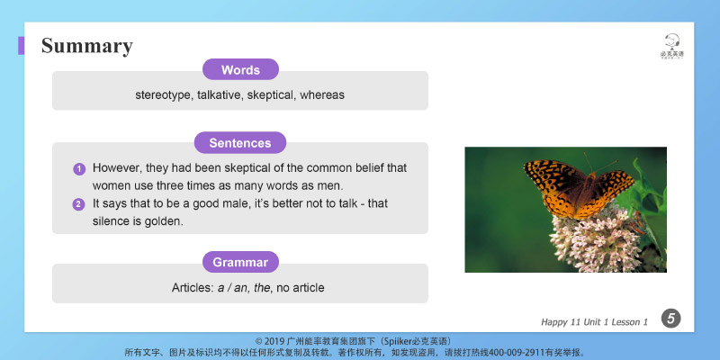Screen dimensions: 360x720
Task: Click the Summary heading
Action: tap(87, 46)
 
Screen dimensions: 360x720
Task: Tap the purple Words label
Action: tap(240, 70)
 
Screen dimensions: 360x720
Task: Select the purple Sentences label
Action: tap(240, 143)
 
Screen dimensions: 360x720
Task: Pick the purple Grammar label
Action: tap(240, 263)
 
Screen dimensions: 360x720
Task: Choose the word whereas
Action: tap(322, 94)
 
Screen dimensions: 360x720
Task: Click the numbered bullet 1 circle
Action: tap(79, 168)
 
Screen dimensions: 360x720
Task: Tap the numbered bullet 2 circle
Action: tap(79, 204)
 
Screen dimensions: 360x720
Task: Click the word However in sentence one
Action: tap(117, 168)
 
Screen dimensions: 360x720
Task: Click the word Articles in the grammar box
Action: tap(193, 288)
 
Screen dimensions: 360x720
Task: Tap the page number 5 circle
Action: tap(670, 318)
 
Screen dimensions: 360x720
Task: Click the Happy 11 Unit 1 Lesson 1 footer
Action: tap(594, 321)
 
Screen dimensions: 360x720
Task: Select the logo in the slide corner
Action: tap(671, 45)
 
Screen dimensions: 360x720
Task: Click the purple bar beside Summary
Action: tap(21, 46)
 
